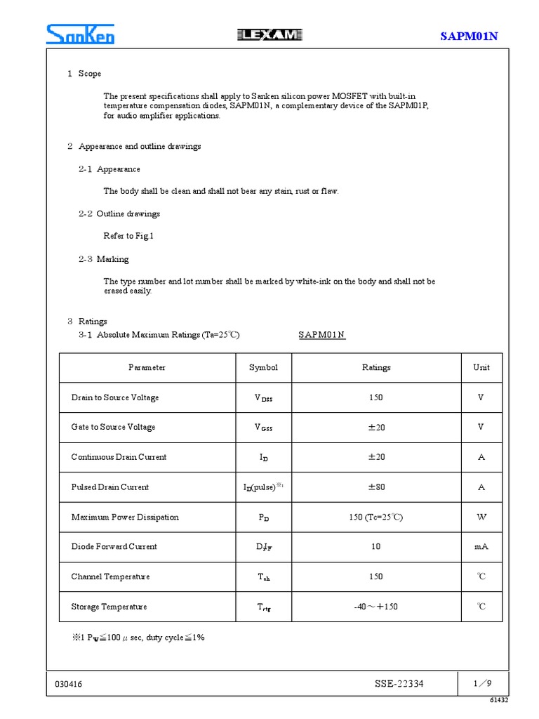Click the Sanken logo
(80, 34)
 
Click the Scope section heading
(84, 74)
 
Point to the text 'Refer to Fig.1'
(128, 236)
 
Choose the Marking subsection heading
(103, 259)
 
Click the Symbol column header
(263, 367)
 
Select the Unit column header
(481, 367)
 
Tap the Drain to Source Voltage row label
(115, 397)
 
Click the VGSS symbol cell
(263, 428)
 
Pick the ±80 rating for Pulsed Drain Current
(376, 487)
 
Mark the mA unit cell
(481, 547)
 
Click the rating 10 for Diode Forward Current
(376, 547)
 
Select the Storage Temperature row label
(109, 607)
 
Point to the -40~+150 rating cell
(376, 607)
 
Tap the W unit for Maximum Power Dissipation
(481, 517)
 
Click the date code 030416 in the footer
(67, 684)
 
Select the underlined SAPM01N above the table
(322, 335)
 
